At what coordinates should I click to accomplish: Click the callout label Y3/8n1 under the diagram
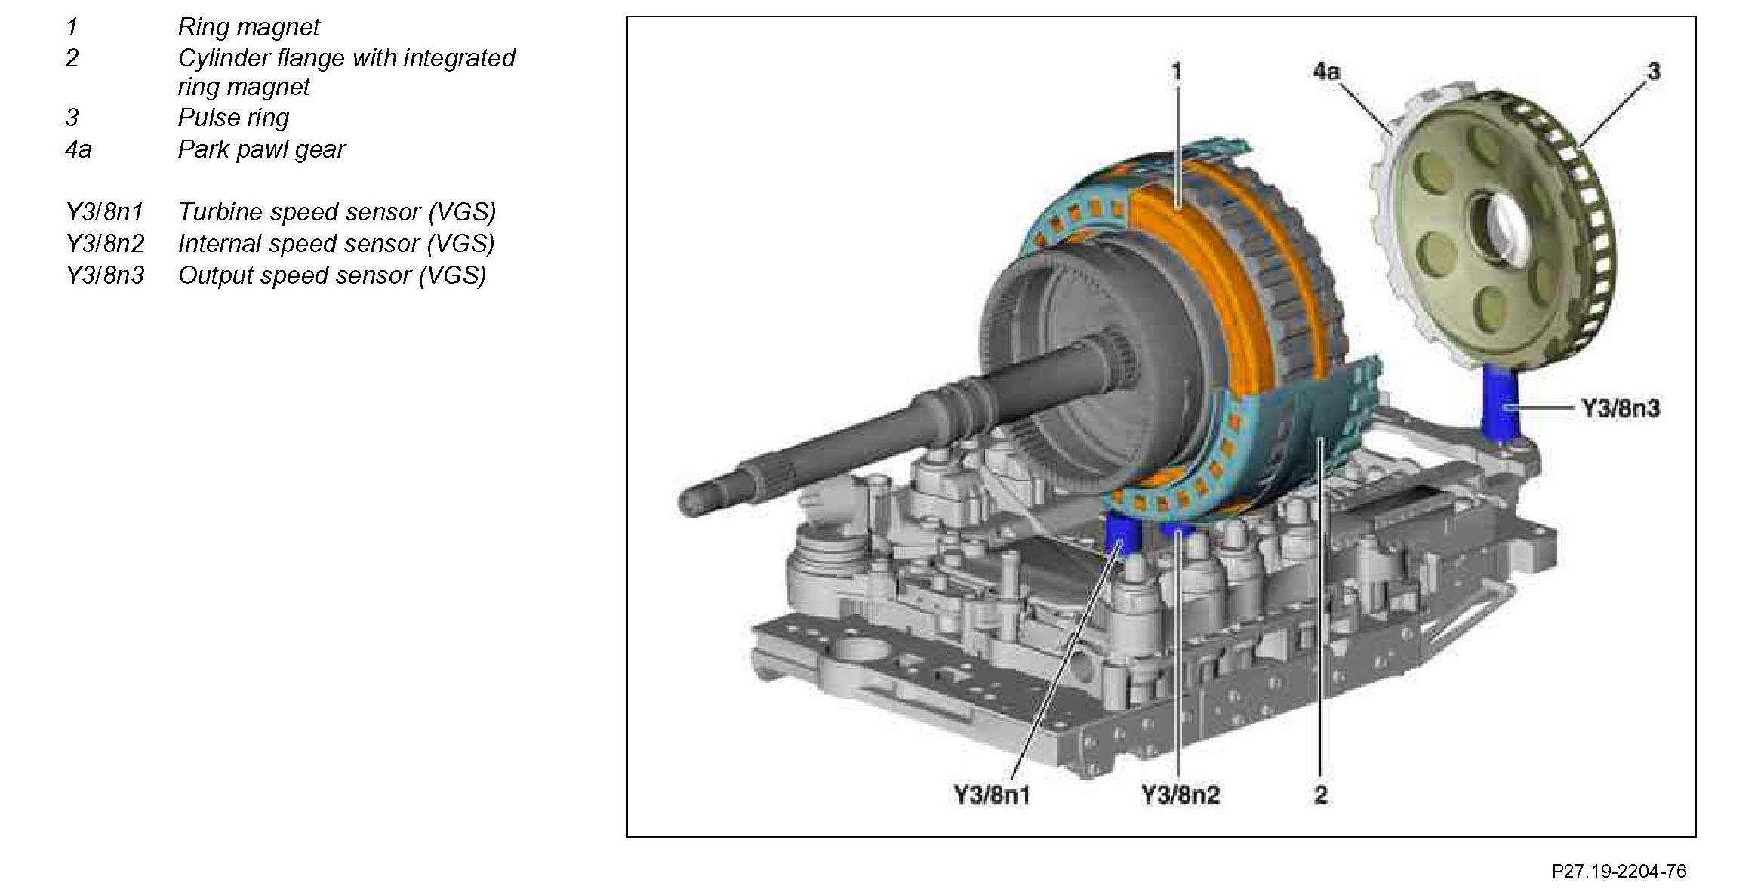tap(991, 795)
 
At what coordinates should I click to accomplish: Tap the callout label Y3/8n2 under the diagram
tap(1180, 795)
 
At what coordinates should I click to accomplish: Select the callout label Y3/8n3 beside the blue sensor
tap(1621, 408)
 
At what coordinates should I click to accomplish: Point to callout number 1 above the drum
tap(1176, 72)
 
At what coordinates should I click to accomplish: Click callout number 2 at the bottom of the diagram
tap(1320, 795)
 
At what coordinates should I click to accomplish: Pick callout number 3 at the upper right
tap(1653, 72)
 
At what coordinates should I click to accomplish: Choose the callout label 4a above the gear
tap(1326, 72)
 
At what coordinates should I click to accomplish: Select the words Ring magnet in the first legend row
tap(248, 27)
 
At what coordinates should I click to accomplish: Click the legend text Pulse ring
tap(233, 118)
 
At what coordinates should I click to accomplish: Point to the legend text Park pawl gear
tap(261, 149)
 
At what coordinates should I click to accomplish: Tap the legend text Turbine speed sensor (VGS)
tap(337, 212)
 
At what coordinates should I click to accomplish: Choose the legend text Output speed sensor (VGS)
tap(332, 275)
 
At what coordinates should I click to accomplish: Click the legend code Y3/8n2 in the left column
tap(105, 244)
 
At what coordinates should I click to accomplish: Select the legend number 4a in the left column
tap(78, 149)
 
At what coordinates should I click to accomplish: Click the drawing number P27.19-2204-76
tap(1618, 871)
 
